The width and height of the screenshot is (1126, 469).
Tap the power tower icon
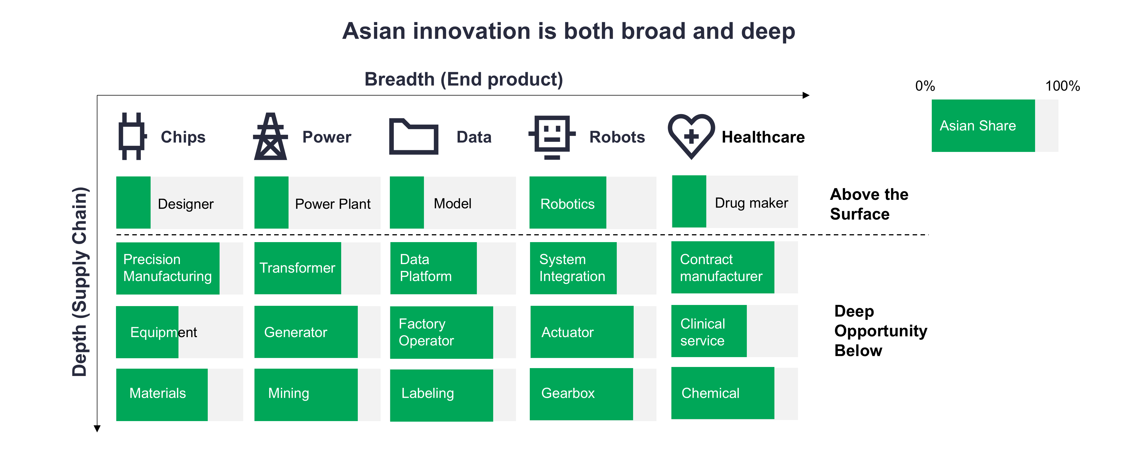coord(271,136)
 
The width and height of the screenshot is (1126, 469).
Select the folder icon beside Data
coord(414,136)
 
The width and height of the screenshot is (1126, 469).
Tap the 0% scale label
coord(925,86)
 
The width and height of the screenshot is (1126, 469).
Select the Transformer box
coord(298,268)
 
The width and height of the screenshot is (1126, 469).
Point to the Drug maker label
coord(751,203)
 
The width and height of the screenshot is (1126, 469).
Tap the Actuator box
coord(582,332)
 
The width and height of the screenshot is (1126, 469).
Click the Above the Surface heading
coord(869,204)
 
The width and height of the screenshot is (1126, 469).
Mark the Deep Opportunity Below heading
coord(880,331)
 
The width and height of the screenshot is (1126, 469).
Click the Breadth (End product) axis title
coord(464,79)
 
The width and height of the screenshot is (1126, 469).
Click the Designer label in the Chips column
coord(186,204)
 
